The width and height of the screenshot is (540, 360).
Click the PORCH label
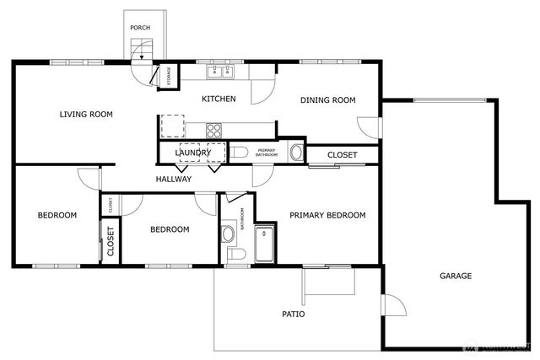point(140,28)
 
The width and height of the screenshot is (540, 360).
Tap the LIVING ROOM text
point(86,114)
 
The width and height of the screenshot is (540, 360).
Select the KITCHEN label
point(218,99)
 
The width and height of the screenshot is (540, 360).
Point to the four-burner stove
point(214,130)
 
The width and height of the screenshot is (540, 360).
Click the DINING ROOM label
point(328,99)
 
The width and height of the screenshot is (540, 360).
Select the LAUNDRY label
point(199,153)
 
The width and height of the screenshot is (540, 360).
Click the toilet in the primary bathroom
point(239,153)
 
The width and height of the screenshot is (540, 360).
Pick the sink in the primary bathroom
point(296,153)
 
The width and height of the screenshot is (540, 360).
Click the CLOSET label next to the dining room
point(342,155)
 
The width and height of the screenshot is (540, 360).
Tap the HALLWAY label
point(174,179)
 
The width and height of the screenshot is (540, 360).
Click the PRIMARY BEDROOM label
point(327,215)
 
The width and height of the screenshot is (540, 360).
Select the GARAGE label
point(456,276)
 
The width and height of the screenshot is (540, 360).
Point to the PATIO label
point(293,314)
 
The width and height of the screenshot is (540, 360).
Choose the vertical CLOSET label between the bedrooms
point(110,242)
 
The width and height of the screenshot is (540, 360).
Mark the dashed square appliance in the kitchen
point(172,125)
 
